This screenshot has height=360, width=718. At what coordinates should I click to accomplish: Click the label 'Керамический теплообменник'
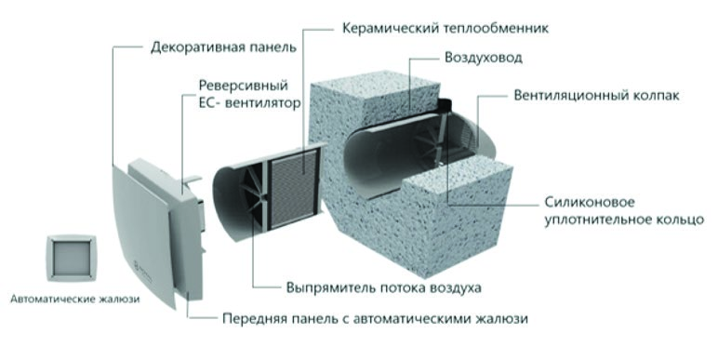coord(445,29)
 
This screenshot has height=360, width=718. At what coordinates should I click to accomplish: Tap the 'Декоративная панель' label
coord(223,47)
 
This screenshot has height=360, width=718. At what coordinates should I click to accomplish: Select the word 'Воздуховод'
coord(484,59)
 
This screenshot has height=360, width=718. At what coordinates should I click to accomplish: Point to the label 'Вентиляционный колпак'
coord(596,95)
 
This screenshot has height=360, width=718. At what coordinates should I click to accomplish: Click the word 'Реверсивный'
coord(243,86)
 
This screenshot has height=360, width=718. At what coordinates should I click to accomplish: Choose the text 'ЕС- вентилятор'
coord(249,103)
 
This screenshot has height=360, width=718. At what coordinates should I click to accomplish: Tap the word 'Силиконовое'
coord(590,202)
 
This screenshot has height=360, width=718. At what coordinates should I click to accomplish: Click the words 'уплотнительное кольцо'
coord(624,220)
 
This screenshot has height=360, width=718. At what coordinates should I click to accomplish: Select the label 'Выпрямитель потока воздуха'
coord(384,288)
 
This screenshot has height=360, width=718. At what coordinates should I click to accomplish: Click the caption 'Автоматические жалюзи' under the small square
coord(75,300)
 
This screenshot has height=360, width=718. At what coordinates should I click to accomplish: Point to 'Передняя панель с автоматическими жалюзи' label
coord(375,318)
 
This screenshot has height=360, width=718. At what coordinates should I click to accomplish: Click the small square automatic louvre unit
coord(72,258)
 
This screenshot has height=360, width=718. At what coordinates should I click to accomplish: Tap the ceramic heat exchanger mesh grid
coord(294,189)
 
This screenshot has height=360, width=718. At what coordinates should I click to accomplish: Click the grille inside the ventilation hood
coord(466,134)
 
